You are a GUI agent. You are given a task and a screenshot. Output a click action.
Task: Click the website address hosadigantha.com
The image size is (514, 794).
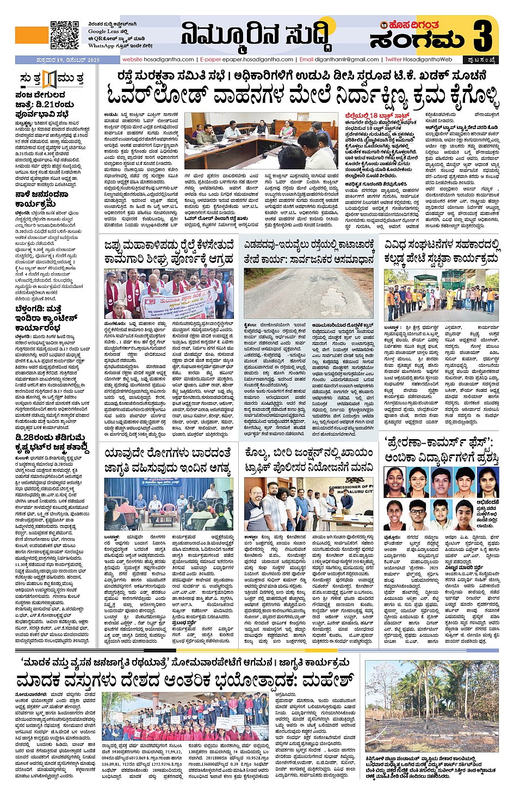tap(158, 60)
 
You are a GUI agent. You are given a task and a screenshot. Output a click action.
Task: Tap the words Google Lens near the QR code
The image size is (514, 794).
tap(103, 32)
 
